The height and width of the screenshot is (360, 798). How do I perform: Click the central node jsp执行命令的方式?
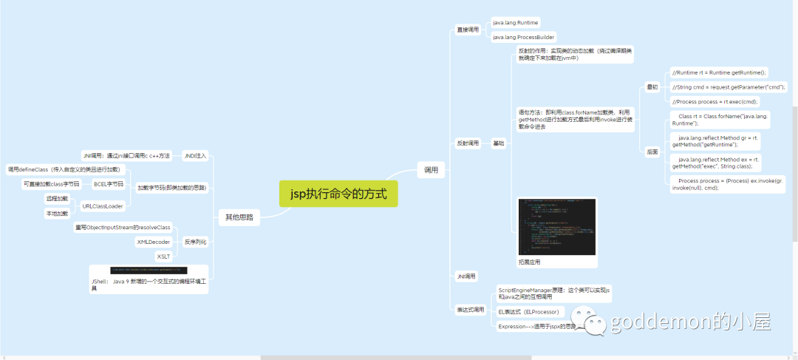(x=338, y=194)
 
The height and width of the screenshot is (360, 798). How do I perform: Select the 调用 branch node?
(x=431, y=170)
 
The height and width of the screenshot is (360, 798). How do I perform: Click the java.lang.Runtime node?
(x=516, y=23)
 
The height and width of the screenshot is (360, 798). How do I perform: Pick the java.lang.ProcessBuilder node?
(x=523, y=37)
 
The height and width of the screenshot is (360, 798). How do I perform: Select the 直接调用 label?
(x=468, y=30)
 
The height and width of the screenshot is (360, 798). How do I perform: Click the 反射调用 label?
(x=468, y=143)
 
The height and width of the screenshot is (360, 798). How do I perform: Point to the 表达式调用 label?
(x=470, y=310)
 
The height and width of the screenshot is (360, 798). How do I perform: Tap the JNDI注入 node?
(x=195, y=156)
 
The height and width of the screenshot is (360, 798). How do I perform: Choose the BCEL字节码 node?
(x=109, y=183)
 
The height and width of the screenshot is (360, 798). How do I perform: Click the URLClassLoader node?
(x=102, y=206)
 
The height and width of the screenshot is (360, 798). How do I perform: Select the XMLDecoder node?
(x=154, y=242)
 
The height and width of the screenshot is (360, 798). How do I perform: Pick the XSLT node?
(x=163, y=256)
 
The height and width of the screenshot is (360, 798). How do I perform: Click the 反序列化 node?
(x=195, y=242)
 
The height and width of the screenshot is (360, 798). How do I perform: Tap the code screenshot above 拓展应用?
(x=556, y=225)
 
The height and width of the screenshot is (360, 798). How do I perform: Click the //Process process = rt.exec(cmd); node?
(x=715, y=101)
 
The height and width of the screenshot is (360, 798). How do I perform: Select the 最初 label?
(x=652, y=87)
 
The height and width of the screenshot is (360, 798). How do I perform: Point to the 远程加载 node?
(x=57, y=199)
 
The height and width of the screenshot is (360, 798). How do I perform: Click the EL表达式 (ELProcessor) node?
(x=531, y=312)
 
